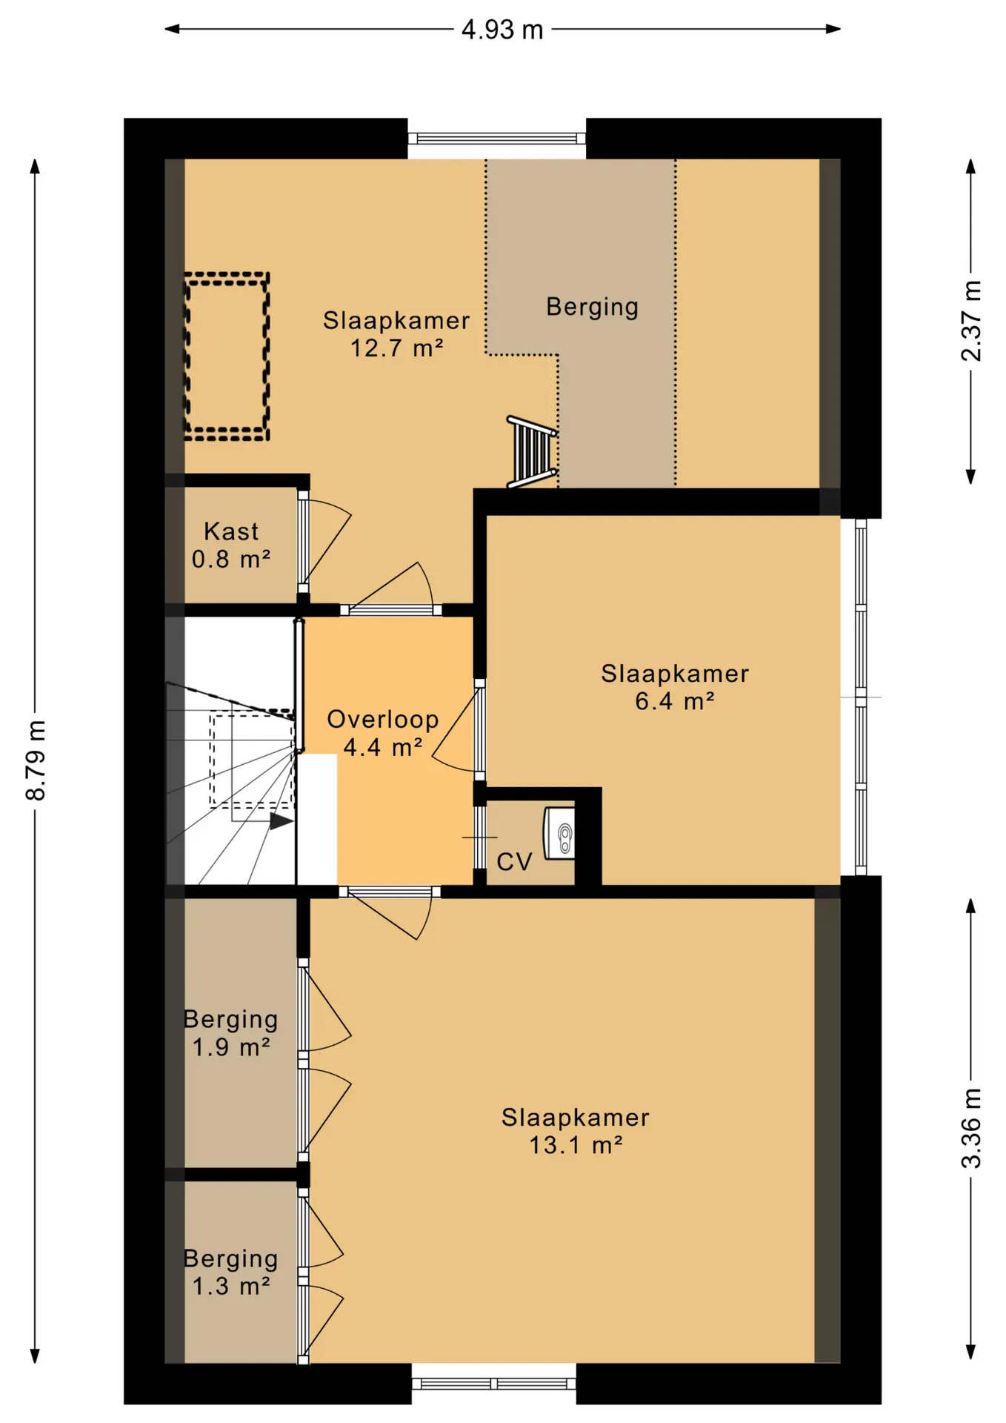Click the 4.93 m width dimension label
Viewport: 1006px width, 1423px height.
[502, 30]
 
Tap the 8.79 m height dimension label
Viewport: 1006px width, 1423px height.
[36, 760]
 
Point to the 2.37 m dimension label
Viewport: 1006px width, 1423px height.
[971, 321]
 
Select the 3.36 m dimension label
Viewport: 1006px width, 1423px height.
[971, 1128]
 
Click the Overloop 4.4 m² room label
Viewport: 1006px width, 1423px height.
[383, 733]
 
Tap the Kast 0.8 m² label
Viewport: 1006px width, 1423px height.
[231, 545]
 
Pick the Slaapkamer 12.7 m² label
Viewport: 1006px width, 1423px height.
[396, 334]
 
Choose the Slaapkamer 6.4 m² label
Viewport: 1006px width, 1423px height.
[675, 687]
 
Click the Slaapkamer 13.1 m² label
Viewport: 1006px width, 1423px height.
[576, 1131]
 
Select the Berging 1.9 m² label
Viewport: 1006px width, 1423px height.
[231, 1032]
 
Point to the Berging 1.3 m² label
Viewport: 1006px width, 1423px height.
[231, 1272]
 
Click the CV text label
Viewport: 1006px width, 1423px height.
[514, 862]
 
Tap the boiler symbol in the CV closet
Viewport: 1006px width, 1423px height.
[560, 833]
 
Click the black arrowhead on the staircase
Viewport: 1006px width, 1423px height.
[282, 821]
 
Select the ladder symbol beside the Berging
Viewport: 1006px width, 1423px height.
[532, 452]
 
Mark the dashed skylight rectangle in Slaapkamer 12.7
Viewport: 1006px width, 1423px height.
[227, 356]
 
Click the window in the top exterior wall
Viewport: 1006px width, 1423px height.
[497, 139]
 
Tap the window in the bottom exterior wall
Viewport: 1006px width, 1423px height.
[494, 1384]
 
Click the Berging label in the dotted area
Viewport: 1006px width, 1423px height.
[593, 307]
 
